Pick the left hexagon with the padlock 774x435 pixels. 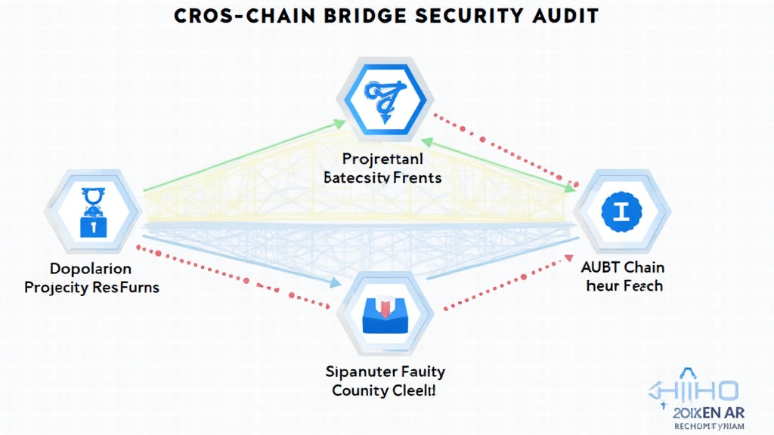click(x=93, y=210)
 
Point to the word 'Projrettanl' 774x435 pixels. click(x=382, y=159)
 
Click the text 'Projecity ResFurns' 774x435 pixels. click(x=91, y=288)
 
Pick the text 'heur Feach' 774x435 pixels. click(x=622, y=285)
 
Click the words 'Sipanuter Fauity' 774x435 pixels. click(x=385, y=372)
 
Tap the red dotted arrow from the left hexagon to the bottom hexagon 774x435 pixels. click(x=234, y=276)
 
